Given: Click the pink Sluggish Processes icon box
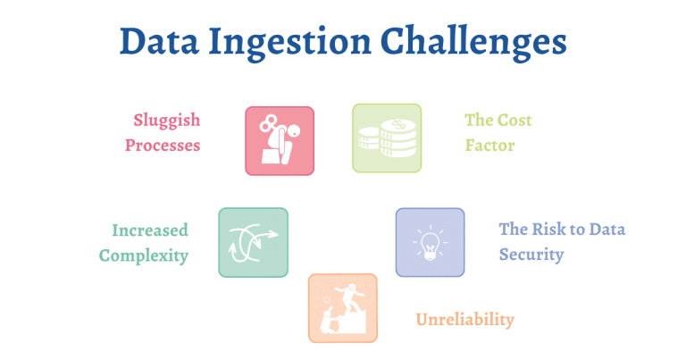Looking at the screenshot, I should click(280, 140).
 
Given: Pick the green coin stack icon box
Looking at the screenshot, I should click(386, 138).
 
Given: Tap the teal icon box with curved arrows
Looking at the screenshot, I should click(253, 242).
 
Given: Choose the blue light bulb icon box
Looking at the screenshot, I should click(430, 242).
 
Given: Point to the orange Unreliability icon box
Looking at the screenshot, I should click(342, 308).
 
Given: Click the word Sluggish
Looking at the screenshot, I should click(167, 121).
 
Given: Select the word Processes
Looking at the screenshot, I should click(163, 145).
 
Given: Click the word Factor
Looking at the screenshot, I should click(489, 145).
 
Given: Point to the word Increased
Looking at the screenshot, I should click(150, 230).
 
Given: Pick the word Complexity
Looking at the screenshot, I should click(144, 255).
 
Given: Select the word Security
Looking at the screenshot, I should click(531, 255).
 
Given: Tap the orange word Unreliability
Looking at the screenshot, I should click(465, 320).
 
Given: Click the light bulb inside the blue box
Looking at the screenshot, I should click(430, 243).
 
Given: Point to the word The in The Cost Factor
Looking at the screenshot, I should click(479, 121).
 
